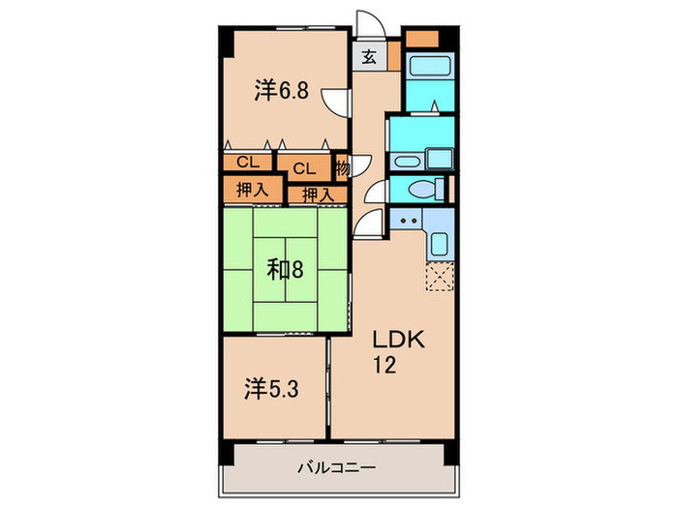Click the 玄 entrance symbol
370,56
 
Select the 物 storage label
342,168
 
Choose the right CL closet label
304,168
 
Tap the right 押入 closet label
316,195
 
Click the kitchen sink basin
438,244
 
